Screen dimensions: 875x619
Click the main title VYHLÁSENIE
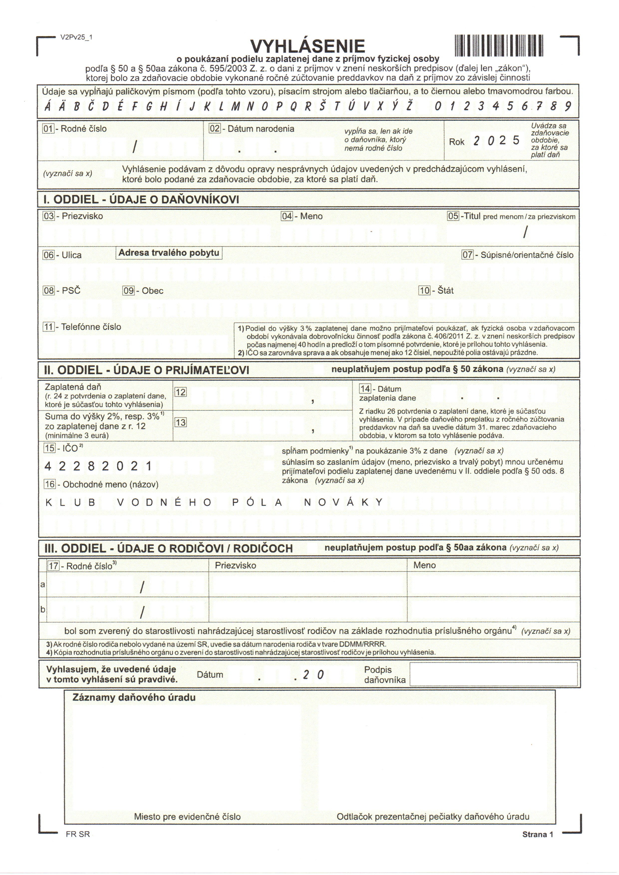[x=307, y=46]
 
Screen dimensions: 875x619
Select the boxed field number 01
[x=48, y=129]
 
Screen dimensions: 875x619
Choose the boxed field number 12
[x=180, y=392]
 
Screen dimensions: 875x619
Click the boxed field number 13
[x=180, y=423]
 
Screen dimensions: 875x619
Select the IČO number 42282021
[x=98, y=466]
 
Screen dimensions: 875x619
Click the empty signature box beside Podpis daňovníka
[x=493, y=674]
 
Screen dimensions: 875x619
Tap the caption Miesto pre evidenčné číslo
[x=187, y=817]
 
